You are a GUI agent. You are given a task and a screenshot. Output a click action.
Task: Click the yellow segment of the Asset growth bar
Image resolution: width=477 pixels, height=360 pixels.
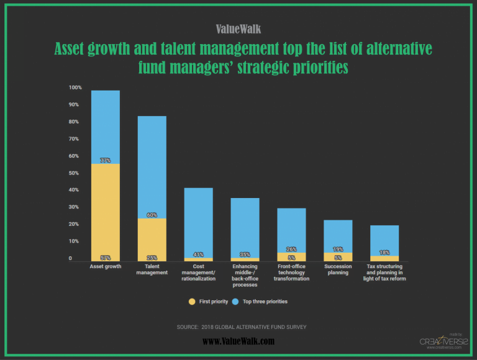[106, 211]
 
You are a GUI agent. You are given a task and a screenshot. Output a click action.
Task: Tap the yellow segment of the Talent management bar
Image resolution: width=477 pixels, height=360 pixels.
[152, 239]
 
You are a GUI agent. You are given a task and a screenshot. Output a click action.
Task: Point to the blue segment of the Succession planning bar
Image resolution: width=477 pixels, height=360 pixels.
[338, 236]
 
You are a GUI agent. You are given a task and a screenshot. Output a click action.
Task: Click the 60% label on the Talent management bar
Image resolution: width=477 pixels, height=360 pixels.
[152, 215]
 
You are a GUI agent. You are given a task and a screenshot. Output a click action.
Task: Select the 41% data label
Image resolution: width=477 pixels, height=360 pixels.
[198, 254]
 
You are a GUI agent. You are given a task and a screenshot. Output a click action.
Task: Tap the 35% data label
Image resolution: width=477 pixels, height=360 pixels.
[245, 254]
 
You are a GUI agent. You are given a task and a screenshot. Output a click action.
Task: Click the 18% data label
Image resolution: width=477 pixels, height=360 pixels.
[384, 253]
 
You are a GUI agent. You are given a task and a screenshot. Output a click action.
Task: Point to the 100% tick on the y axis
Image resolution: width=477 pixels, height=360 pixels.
[75, 88]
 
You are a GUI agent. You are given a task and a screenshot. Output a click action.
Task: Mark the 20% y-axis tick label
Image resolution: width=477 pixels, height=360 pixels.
[75, 224]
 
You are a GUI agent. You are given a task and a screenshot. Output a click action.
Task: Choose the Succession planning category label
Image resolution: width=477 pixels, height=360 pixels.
[338, 269]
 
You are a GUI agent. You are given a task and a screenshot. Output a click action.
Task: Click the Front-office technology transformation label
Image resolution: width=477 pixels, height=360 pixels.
[291, 272]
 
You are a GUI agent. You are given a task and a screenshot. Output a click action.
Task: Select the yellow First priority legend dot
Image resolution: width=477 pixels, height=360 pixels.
[193, 302]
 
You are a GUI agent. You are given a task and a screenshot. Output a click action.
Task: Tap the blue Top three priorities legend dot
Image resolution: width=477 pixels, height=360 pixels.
[235, 302]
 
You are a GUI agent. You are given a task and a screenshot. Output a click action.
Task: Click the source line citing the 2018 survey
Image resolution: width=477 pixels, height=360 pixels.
[242, 326]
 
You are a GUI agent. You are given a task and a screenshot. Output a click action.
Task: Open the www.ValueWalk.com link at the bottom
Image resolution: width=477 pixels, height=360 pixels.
[238, 341]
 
